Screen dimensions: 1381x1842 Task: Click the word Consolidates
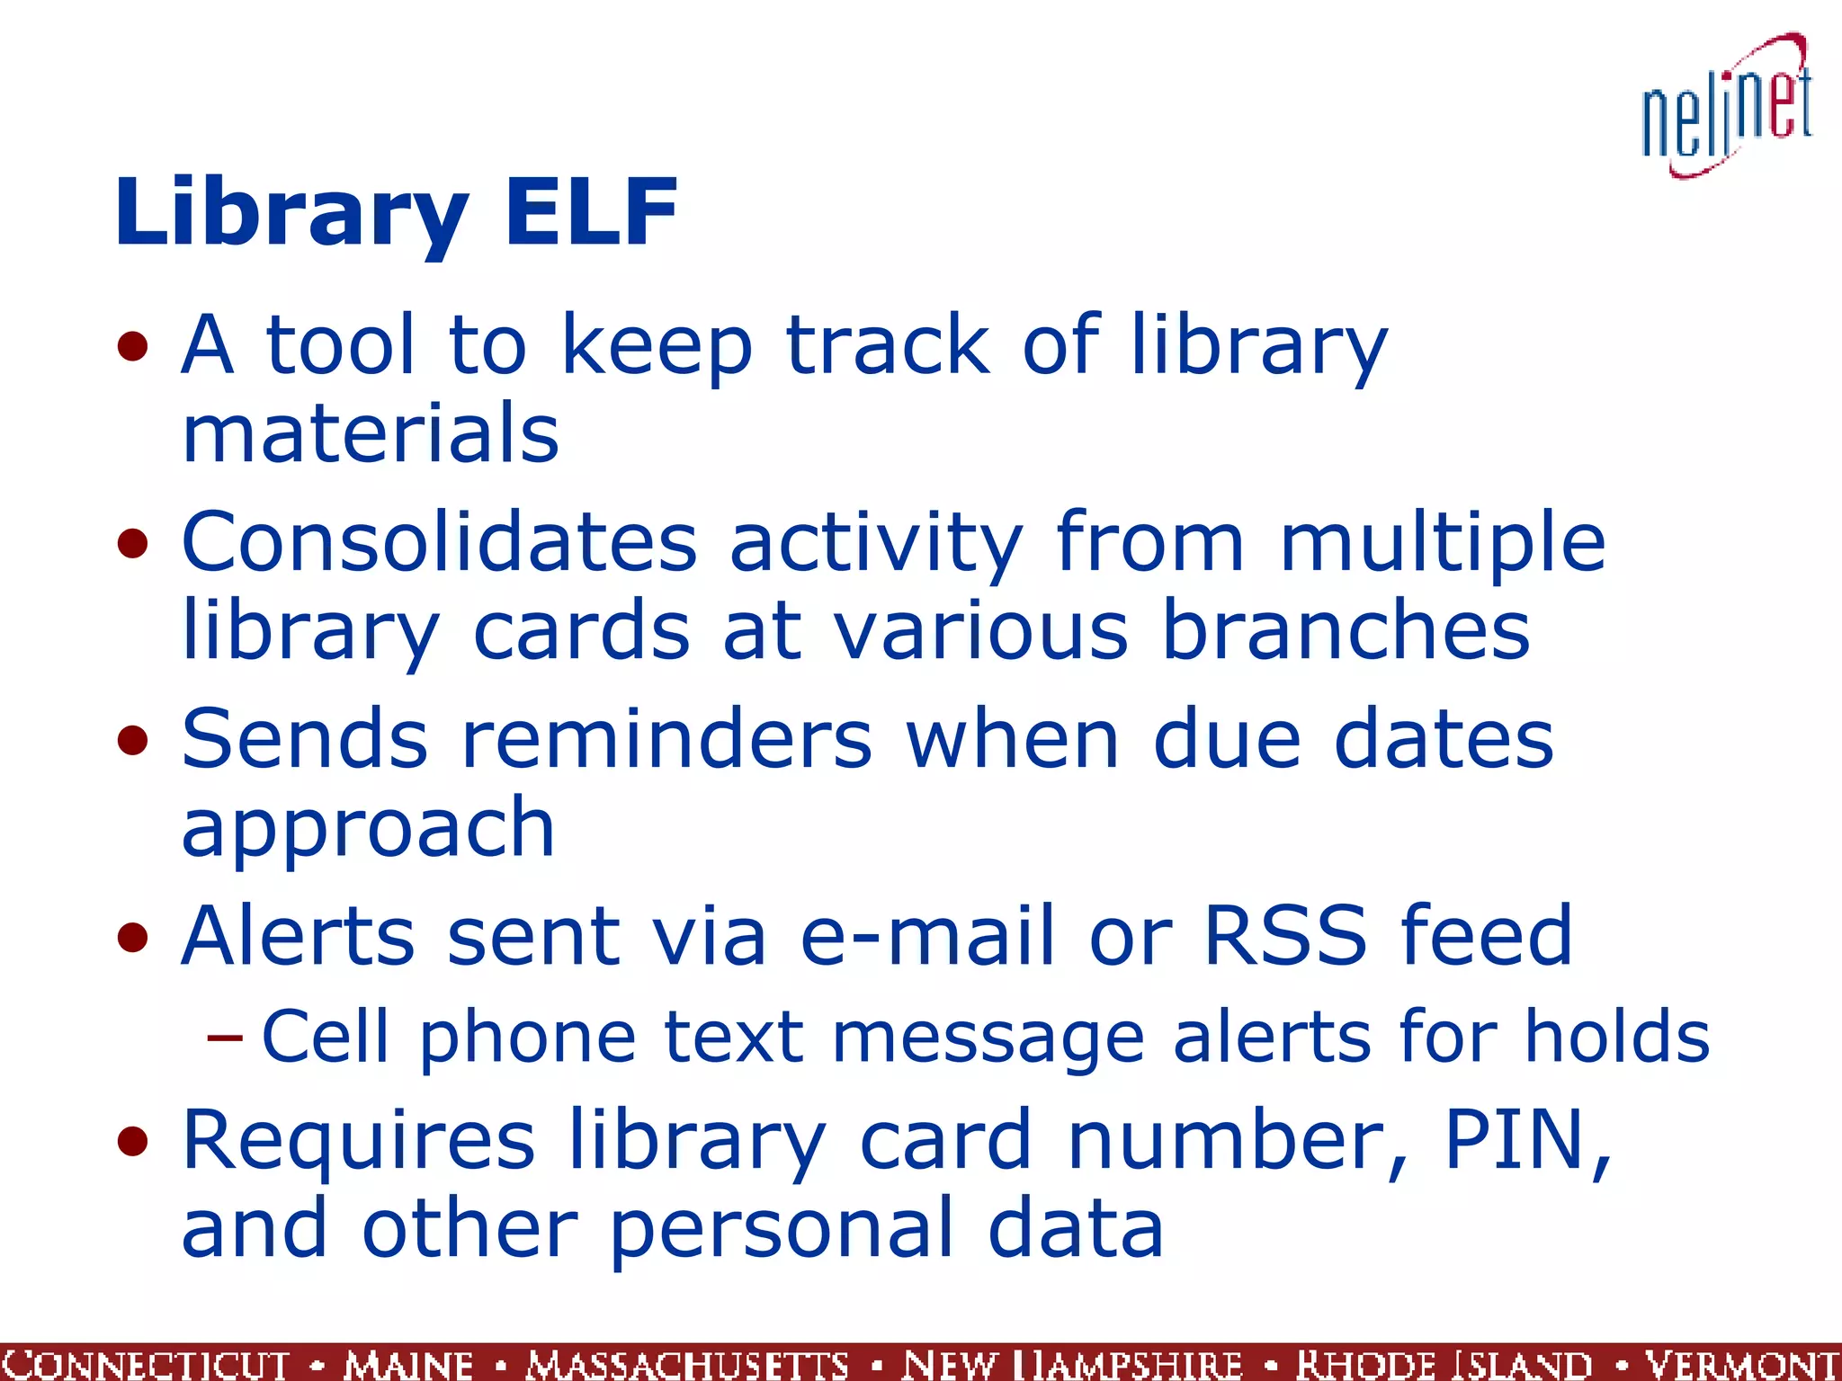(440, 542)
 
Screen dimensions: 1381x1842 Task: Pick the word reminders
(666, 739)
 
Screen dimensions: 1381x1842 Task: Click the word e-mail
(927, 935)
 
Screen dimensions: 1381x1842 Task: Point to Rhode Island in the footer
(1444, 1364)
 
